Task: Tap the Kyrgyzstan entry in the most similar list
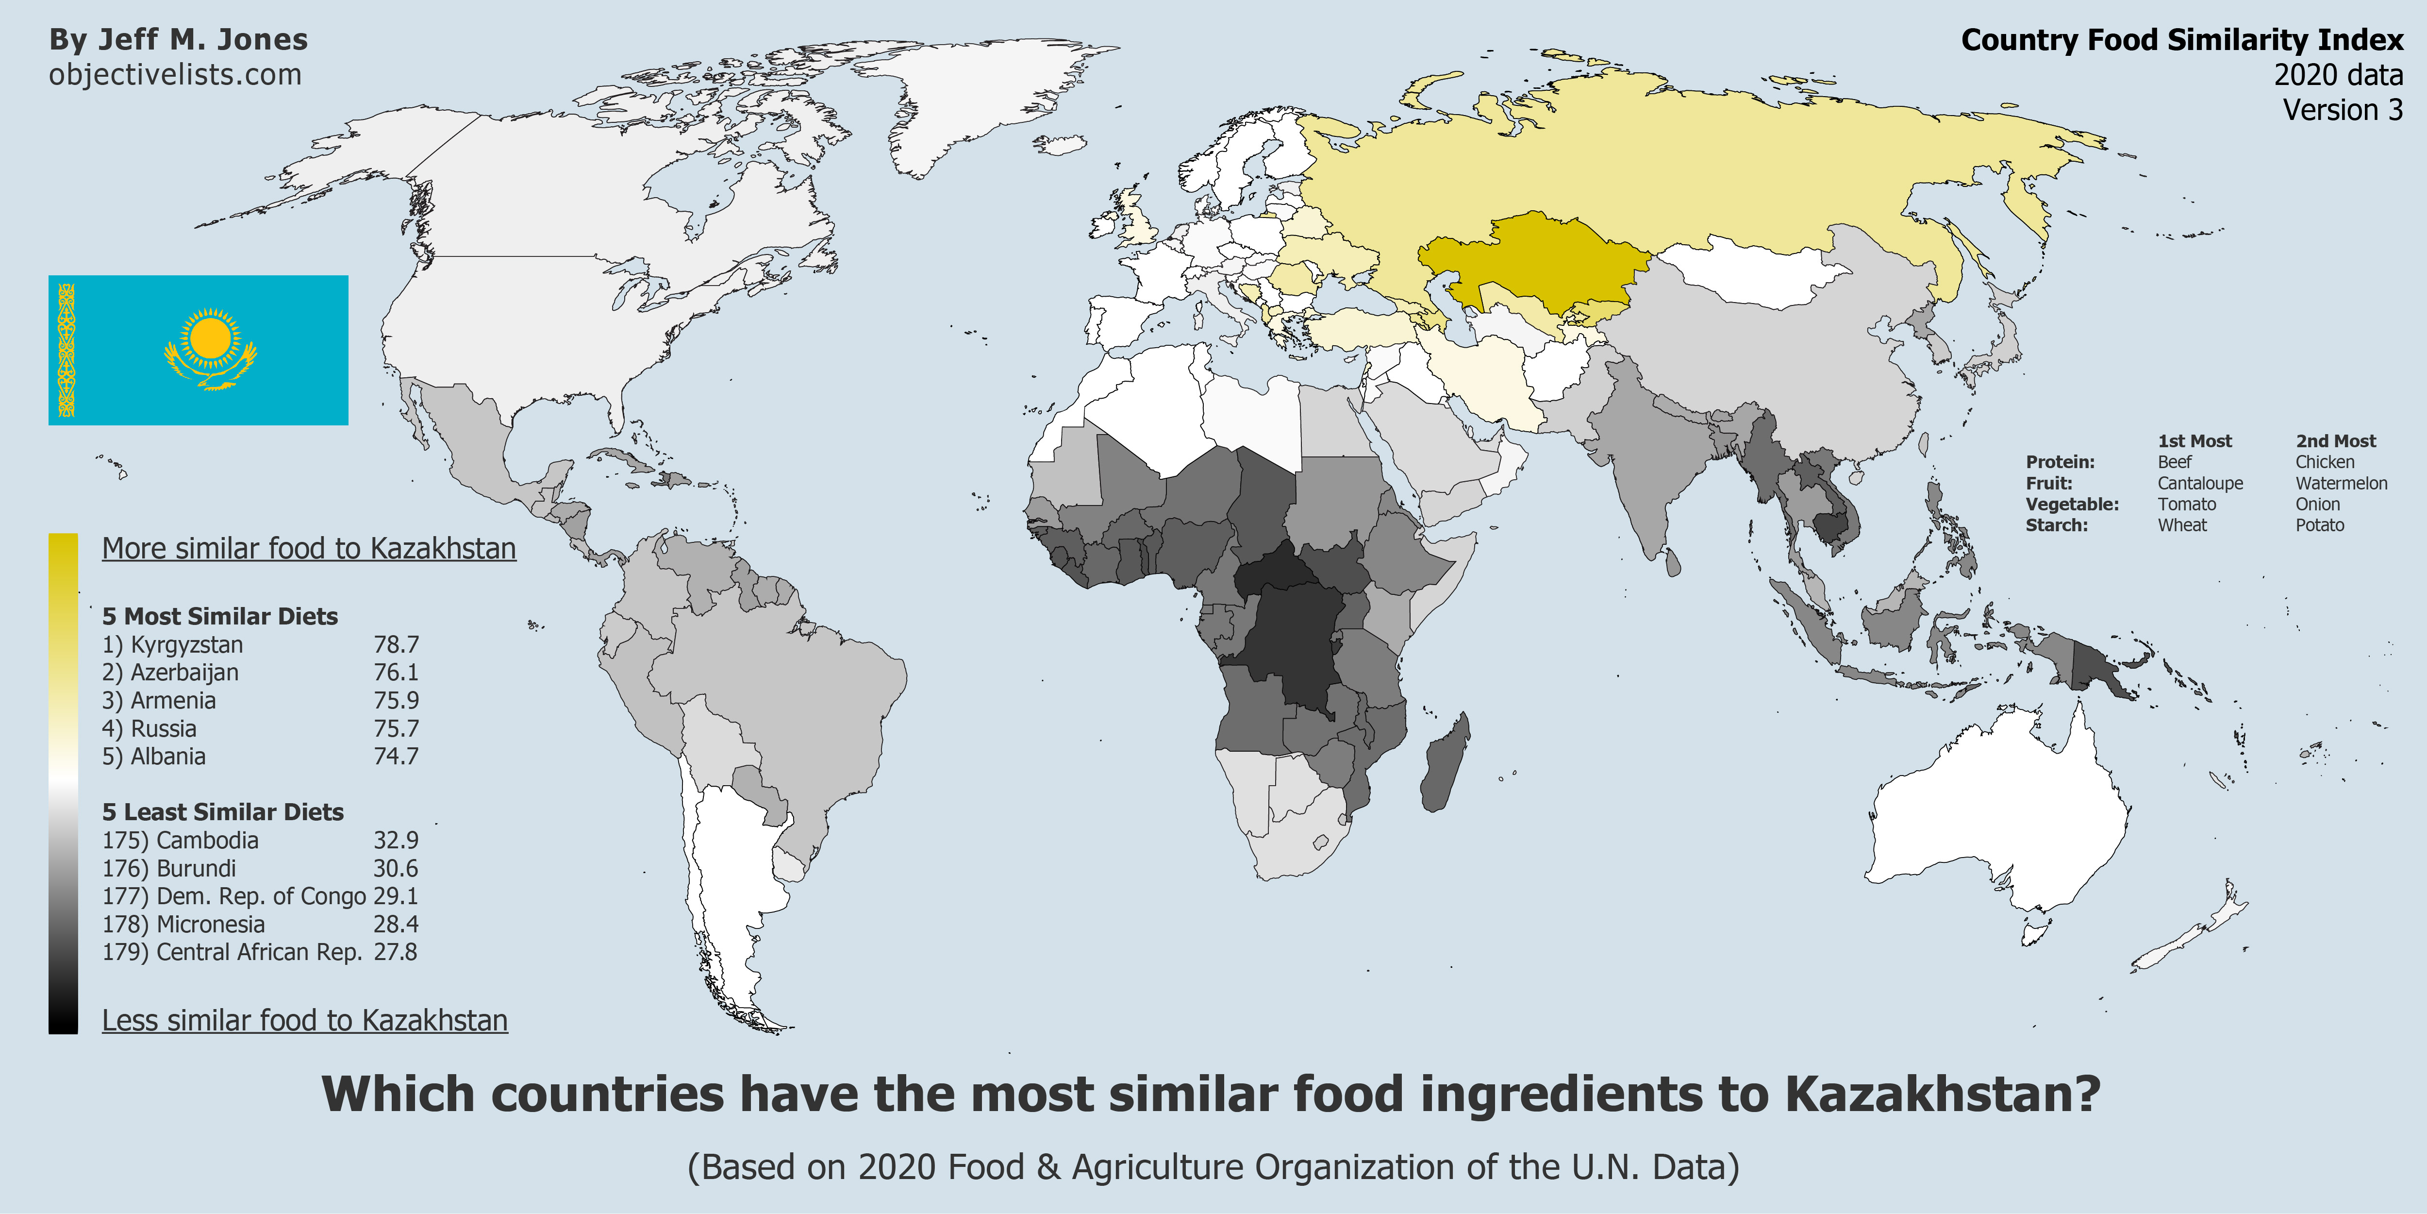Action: click(x=173, y=645)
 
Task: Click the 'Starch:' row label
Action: click(x=2057, y=525)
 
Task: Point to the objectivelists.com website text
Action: click(x=175, y=74)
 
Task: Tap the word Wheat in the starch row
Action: click(x=2182, y=525)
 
